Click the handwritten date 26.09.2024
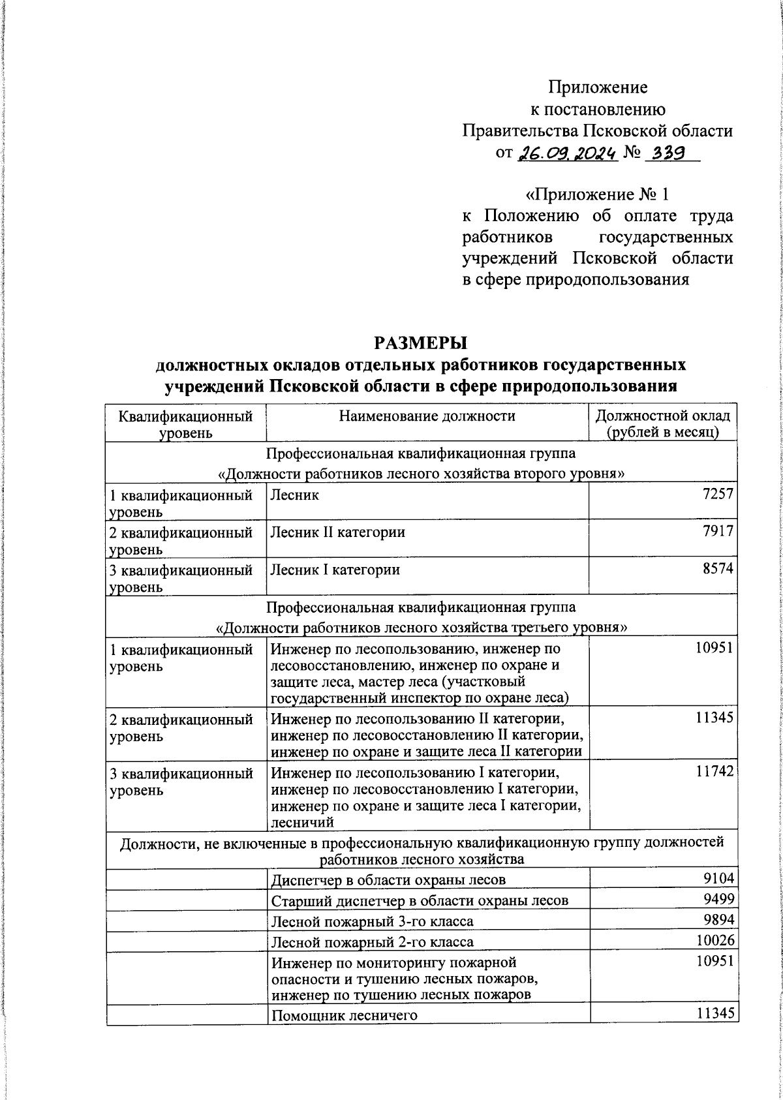coord(567,154)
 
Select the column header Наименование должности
coord(427,416)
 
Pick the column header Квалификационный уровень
coord(185,423)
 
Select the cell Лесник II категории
coord(337,532)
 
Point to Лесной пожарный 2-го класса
coord(372,941)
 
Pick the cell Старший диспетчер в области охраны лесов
coord(420,900)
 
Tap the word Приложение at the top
coord(598,87)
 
